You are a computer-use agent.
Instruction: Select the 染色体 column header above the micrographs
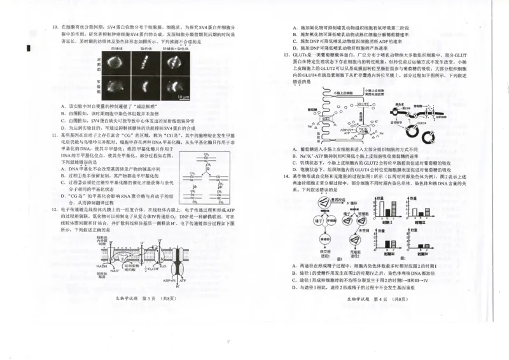click(146, 48)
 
